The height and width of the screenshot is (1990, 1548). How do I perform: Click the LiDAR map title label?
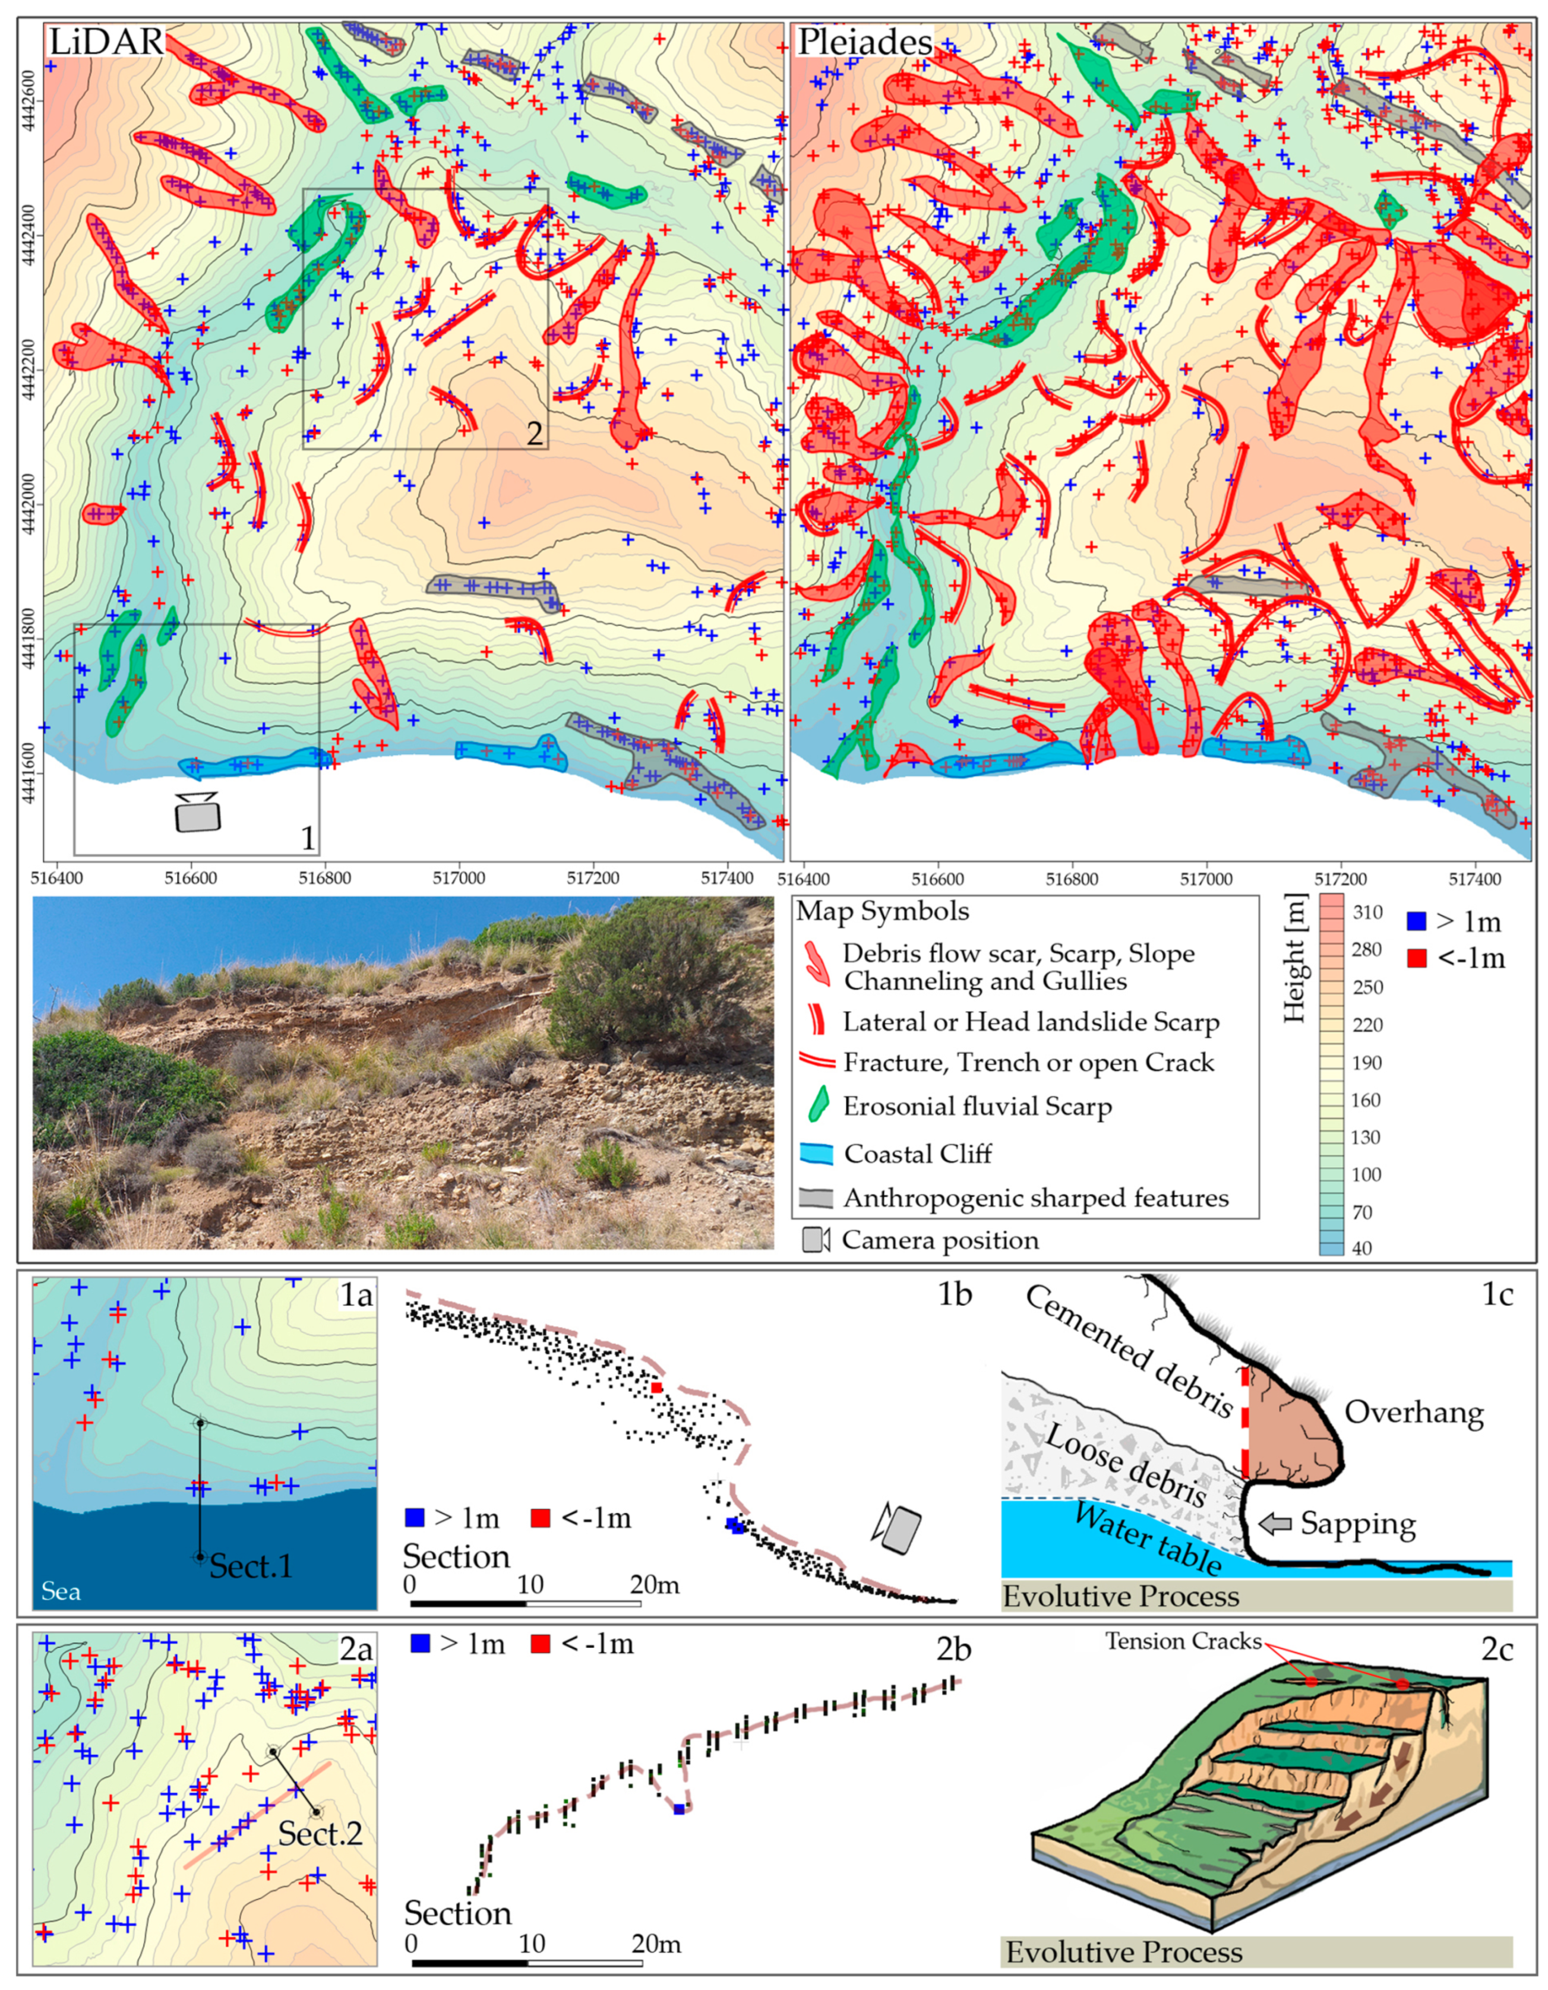click(x=106, y=43)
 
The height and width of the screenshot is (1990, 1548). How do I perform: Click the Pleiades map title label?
click(x=864, y=43)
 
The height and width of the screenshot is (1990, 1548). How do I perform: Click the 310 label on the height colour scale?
click(x=1367, y=913)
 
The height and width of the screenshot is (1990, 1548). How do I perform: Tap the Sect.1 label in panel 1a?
click(x=251, y=1566)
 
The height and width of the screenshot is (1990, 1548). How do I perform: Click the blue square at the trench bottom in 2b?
click(x=679, y=1809)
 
